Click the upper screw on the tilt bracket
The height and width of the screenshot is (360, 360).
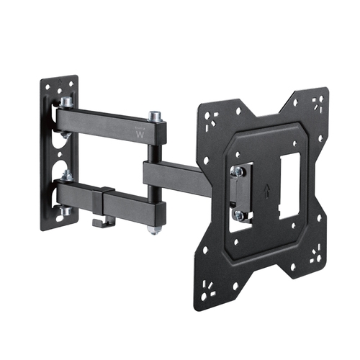tap(237, 172)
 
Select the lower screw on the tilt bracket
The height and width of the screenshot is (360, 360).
tap(238, 214)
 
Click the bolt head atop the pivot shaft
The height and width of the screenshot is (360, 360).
tap(154, 116)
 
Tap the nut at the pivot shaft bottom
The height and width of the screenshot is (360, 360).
tap(153, 230)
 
